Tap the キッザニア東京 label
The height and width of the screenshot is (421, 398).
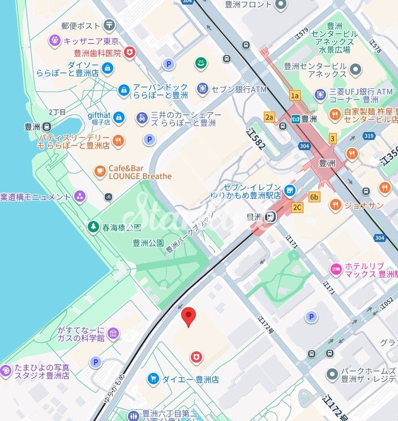coord(91,41)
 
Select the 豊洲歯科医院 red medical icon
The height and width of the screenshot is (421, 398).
coord(130,53)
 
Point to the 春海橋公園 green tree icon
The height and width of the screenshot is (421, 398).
coord(93,227)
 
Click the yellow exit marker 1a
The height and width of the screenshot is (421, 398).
coord(294,96)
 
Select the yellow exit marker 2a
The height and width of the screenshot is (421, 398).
coord(269,117)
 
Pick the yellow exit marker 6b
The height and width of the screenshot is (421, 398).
coord(314,197)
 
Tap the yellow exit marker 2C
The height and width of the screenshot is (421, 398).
coord(297,207)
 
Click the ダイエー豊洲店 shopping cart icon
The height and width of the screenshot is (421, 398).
coord(152,379)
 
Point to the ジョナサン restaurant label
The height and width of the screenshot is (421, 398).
coord(363,205)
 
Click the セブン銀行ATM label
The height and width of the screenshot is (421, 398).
coord(238,90)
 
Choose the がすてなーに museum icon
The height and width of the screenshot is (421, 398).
coord(113,333)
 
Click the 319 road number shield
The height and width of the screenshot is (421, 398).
coord(370,136)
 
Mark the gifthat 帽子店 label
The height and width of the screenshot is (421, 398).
coord(99,118)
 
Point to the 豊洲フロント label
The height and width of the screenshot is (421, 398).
coord(249,5)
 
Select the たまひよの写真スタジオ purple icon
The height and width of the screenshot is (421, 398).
coord(6,371)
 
